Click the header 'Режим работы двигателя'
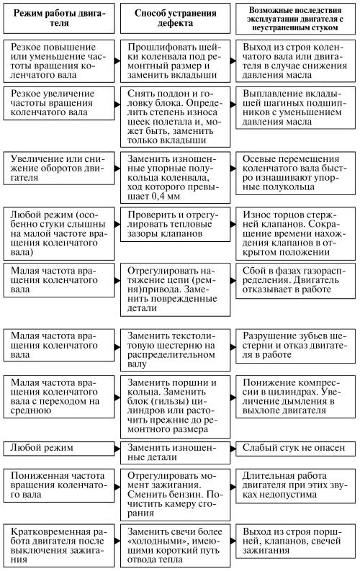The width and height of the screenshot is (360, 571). click(59, 18)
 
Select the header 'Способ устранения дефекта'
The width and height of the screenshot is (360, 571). click(175, 18)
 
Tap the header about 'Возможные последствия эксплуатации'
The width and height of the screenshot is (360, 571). click(295, 19)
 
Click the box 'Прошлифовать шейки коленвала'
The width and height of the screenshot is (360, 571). click(175, 61)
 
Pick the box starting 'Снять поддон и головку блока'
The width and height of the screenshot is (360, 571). click(175, 117)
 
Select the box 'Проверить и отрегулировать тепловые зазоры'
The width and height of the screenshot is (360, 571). click(175, 225)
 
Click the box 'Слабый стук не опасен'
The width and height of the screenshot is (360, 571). click(295, 449)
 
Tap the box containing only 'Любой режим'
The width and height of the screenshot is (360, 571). click(59, 449)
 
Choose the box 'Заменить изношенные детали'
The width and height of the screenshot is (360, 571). click(175, 453)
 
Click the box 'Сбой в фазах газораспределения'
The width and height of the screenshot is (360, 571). click(295, 281)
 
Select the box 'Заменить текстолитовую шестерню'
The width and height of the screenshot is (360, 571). click(175, 350)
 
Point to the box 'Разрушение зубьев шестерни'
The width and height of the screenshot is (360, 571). click(295, 346)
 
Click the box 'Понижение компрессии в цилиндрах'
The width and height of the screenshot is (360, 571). click(295, 397)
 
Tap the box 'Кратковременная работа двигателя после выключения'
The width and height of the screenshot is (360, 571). click(59, 546)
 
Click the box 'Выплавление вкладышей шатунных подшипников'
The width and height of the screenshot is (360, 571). click(295, 108)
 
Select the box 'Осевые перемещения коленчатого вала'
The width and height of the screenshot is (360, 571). click(295, 174)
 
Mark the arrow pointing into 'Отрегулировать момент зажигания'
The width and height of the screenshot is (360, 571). click(117, 487)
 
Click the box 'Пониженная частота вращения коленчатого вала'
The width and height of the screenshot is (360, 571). click(59, 486)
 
